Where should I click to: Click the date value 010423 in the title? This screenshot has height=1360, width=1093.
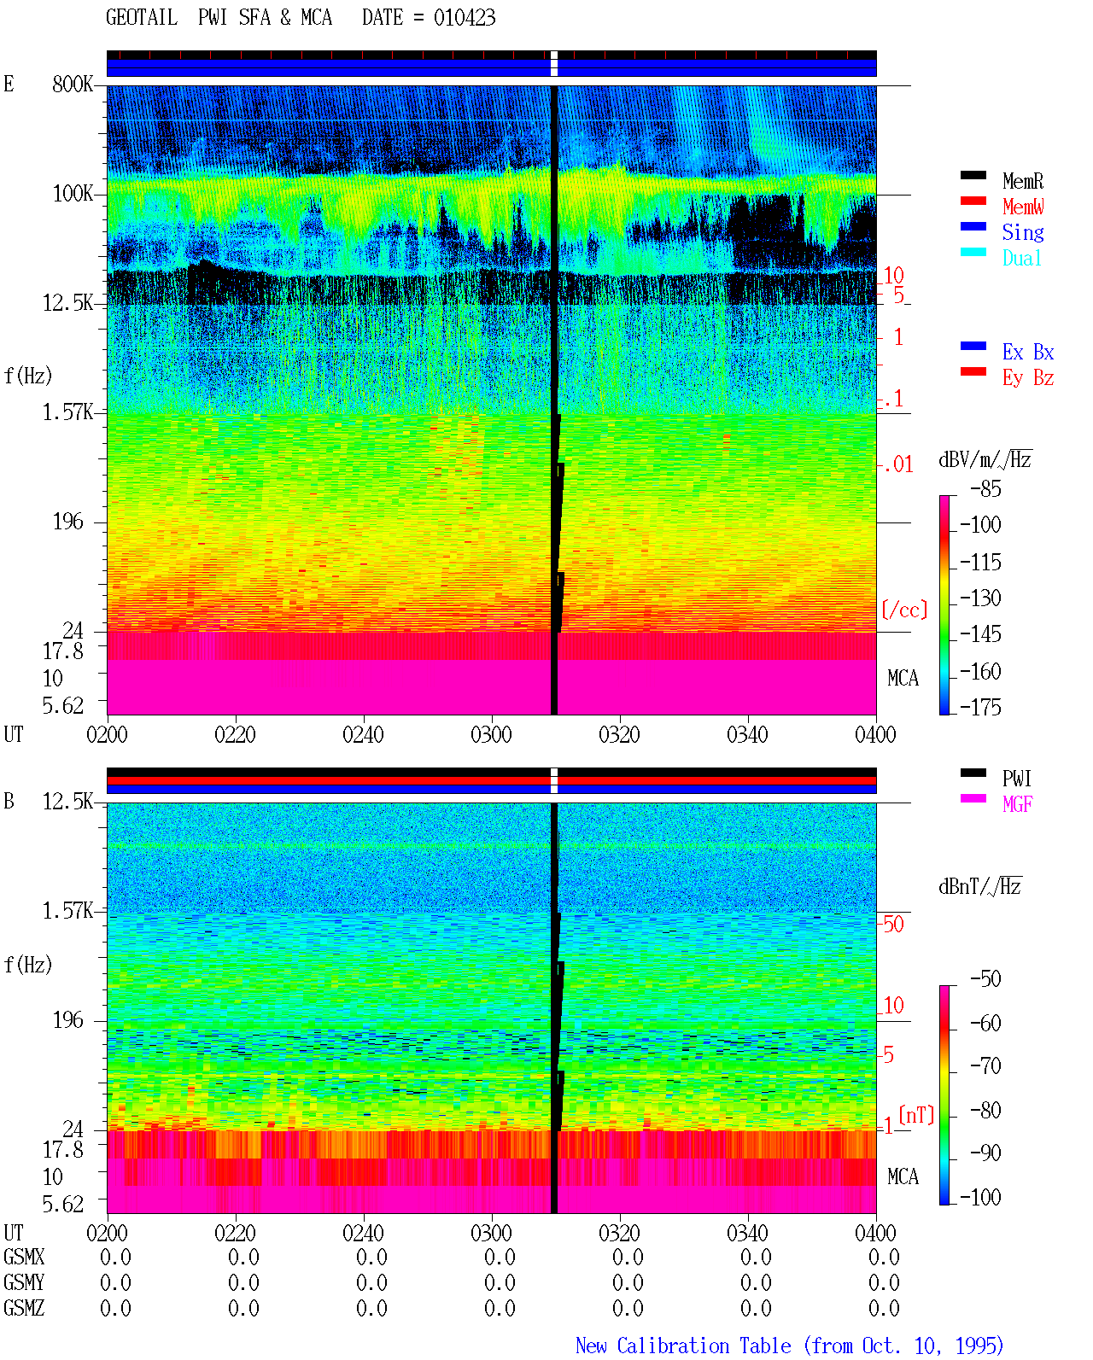click(x=465, y=18)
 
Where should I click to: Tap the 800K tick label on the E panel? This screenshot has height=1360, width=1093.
click(x=73, y=84)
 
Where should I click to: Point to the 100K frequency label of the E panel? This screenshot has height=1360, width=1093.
click(x=73, y=194)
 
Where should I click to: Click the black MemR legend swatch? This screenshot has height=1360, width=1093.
click(x=973, y=175)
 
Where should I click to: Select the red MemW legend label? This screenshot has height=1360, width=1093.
click(x=1023, y=207)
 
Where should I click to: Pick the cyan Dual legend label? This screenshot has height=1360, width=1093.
click(x=1022, y=258)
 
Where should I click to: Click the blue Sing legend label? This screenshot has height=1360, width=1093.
click(x=1023, y=232)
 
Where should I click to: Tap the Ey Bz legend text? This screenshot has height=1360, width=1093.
click(x=1028, y=378)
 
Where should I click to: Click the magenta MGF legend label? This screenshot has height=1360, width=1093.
click(x=1017, y=804)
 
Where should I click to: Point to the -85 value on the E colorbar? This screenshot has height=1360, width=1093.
click(x=985, y=488)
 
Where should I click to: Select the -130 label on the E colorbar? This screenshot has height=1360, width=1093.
click(x=980, y=598)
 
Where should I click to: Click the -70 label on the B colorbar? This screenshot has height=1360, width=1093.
click(x=985, y=1066)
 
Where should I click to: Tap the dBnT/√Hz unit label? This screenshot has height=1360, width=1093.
click(x=979, y=886)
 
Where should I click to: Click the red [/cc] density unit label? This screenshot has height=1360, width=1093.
click(x=904, y=610)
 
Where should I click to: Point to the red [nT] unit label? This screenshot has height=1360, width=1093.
click(x=916, y=1115)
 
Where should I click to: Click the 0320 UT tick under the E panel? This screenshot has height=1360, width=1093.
click(x=620, y=734)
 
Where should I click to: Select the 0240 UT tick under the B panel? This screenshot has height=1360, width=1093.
click(x=364, y=1232)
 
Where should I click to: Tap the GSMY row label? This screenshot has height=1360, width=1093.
click(x=24, y=1282)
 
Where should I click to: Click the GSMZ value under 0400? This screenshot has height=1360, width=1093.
click(x=884, y=1308)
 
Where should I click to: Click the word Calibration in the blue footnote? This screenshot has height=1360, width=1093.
click(x=704, y=1345)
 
